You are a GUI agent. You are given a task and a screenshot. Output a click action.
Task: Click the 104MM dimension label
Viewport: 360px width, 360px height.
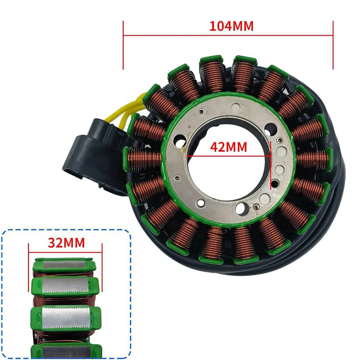coord(231,26)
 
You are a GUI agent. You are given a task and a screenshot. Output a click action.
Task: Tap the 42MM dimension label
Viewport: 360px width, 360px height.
coord(229,147)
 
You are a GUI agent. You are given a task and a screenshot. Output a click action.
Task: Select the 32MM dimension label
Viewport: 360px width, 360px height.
coord(66,243)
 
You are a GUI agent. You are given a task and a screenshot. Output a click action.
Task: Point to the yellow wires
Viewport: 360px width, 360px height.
coord(129,110)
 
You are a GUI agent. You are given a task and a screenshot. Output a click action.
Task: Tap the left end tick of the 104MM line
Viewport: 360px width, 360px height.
coord(123,45)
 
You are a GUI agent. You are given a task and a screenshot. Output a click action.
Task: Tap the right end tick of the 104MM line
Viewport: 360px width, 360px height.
coord(333,45)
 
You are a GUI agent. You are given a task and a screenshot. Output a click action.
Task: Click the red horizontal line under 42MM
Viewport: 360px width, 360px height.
coord(229,156)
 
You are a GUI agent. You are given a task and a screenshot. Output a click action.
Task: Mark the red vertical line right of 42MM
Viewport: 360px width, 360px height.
coord(271,165)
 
